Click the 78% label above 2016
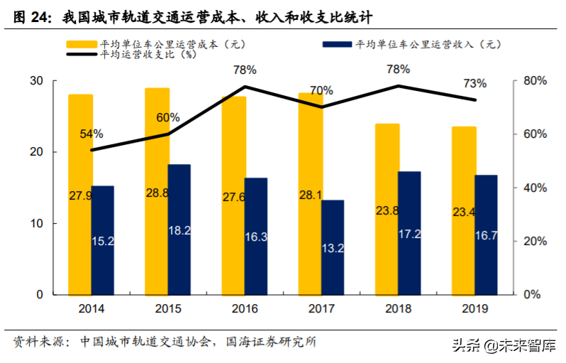click(244, 70)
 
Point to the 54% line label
click(91, 134)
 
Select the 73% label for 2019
click(475, 84)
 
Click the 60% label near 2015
click(168, 117)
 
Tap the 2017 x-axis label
click(321, 308)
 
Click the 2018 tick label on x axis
click(398, 308)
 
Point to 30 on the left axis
click(35, 81)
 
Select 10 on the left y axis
click(35, 224)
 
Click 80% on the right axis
click(536, 81)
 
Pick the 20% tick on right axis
click(536, 242)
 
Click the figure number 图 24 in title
click(31, 16)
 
